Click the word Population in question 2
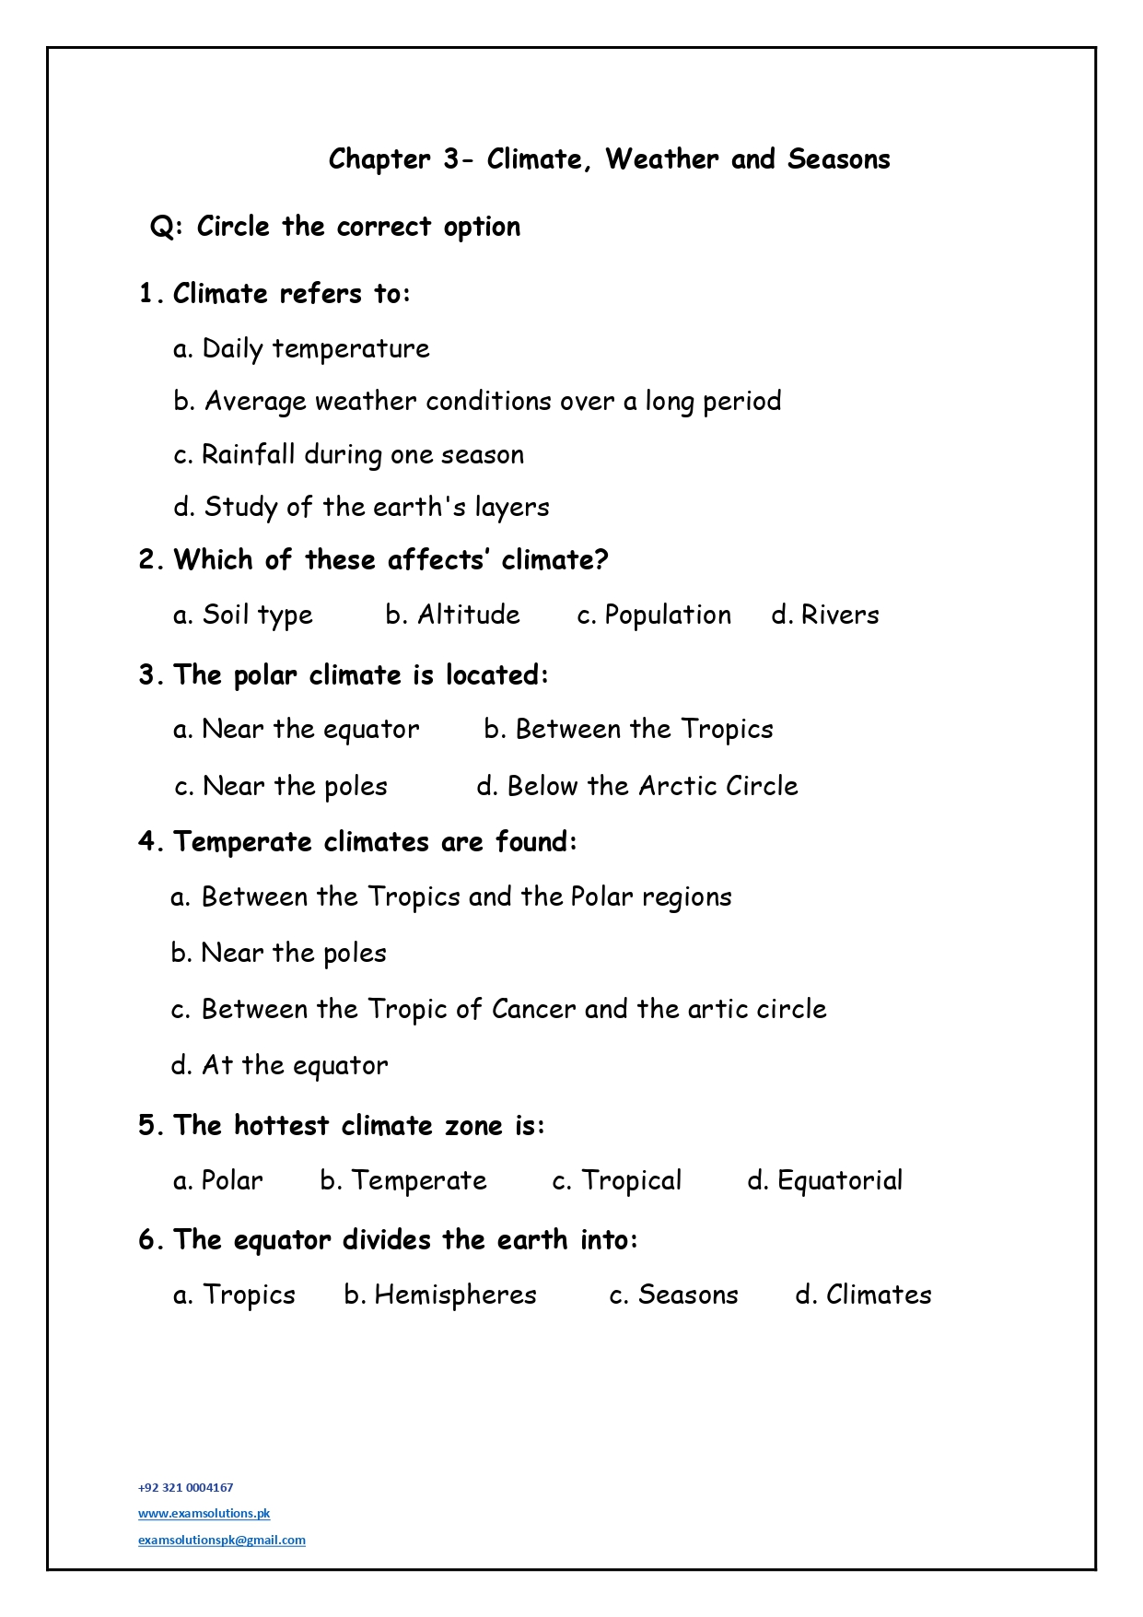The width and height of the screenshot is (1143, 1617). point(668,615)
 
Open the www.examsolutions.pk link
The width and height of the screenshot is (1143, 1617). point(204,1513)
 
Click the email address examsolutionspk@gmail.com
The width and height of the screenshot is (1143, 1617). point(221,1540)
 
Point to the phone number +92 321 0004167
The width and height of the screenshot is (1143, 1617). point(185,1487)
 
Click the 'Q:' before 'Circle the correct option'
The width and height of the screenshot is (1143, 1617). point(167,227)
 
